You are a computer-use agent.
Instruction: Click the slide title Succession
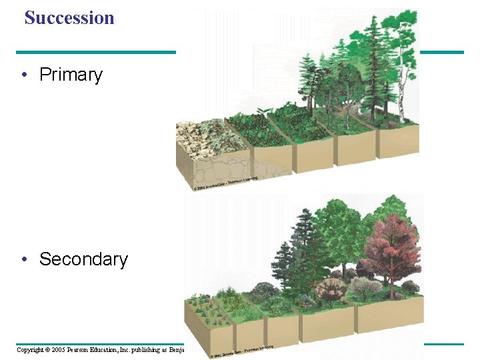[69, 18]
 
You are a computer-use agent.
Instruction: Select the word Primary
[71, 75]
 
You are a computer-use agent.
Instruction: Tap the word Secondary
[83, 259]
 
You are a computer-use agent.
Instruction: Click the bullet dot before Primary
[24, 75]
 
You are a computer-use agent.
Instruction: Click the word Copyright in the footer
[29, 349]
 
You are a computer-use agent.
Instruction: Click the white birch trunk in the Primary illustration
[403, 100]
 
